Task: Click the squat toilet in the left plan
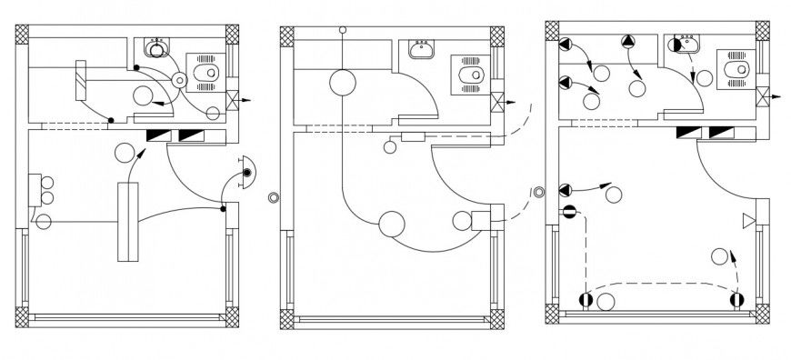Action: click(208, 70)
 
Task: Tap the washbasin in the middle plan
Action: click(422, 47)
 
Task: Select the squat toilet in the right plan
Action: click(734, 70)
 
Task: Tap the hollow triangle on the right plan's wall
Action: click(748, 220)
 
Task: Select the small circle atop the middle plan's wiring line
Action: click(343, 31)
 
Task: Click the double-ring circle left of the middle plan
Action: click(274, 196)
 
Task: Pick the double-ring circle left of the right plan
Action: click(540, 192)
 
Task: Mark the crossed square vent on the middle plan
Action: click(497, 100)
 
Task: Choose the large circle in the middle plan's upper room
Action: click(343, 84)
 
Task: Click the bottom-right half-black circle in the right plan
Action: click(735, 298)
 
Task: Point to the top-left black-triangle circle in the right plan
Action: click(565, 45)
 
